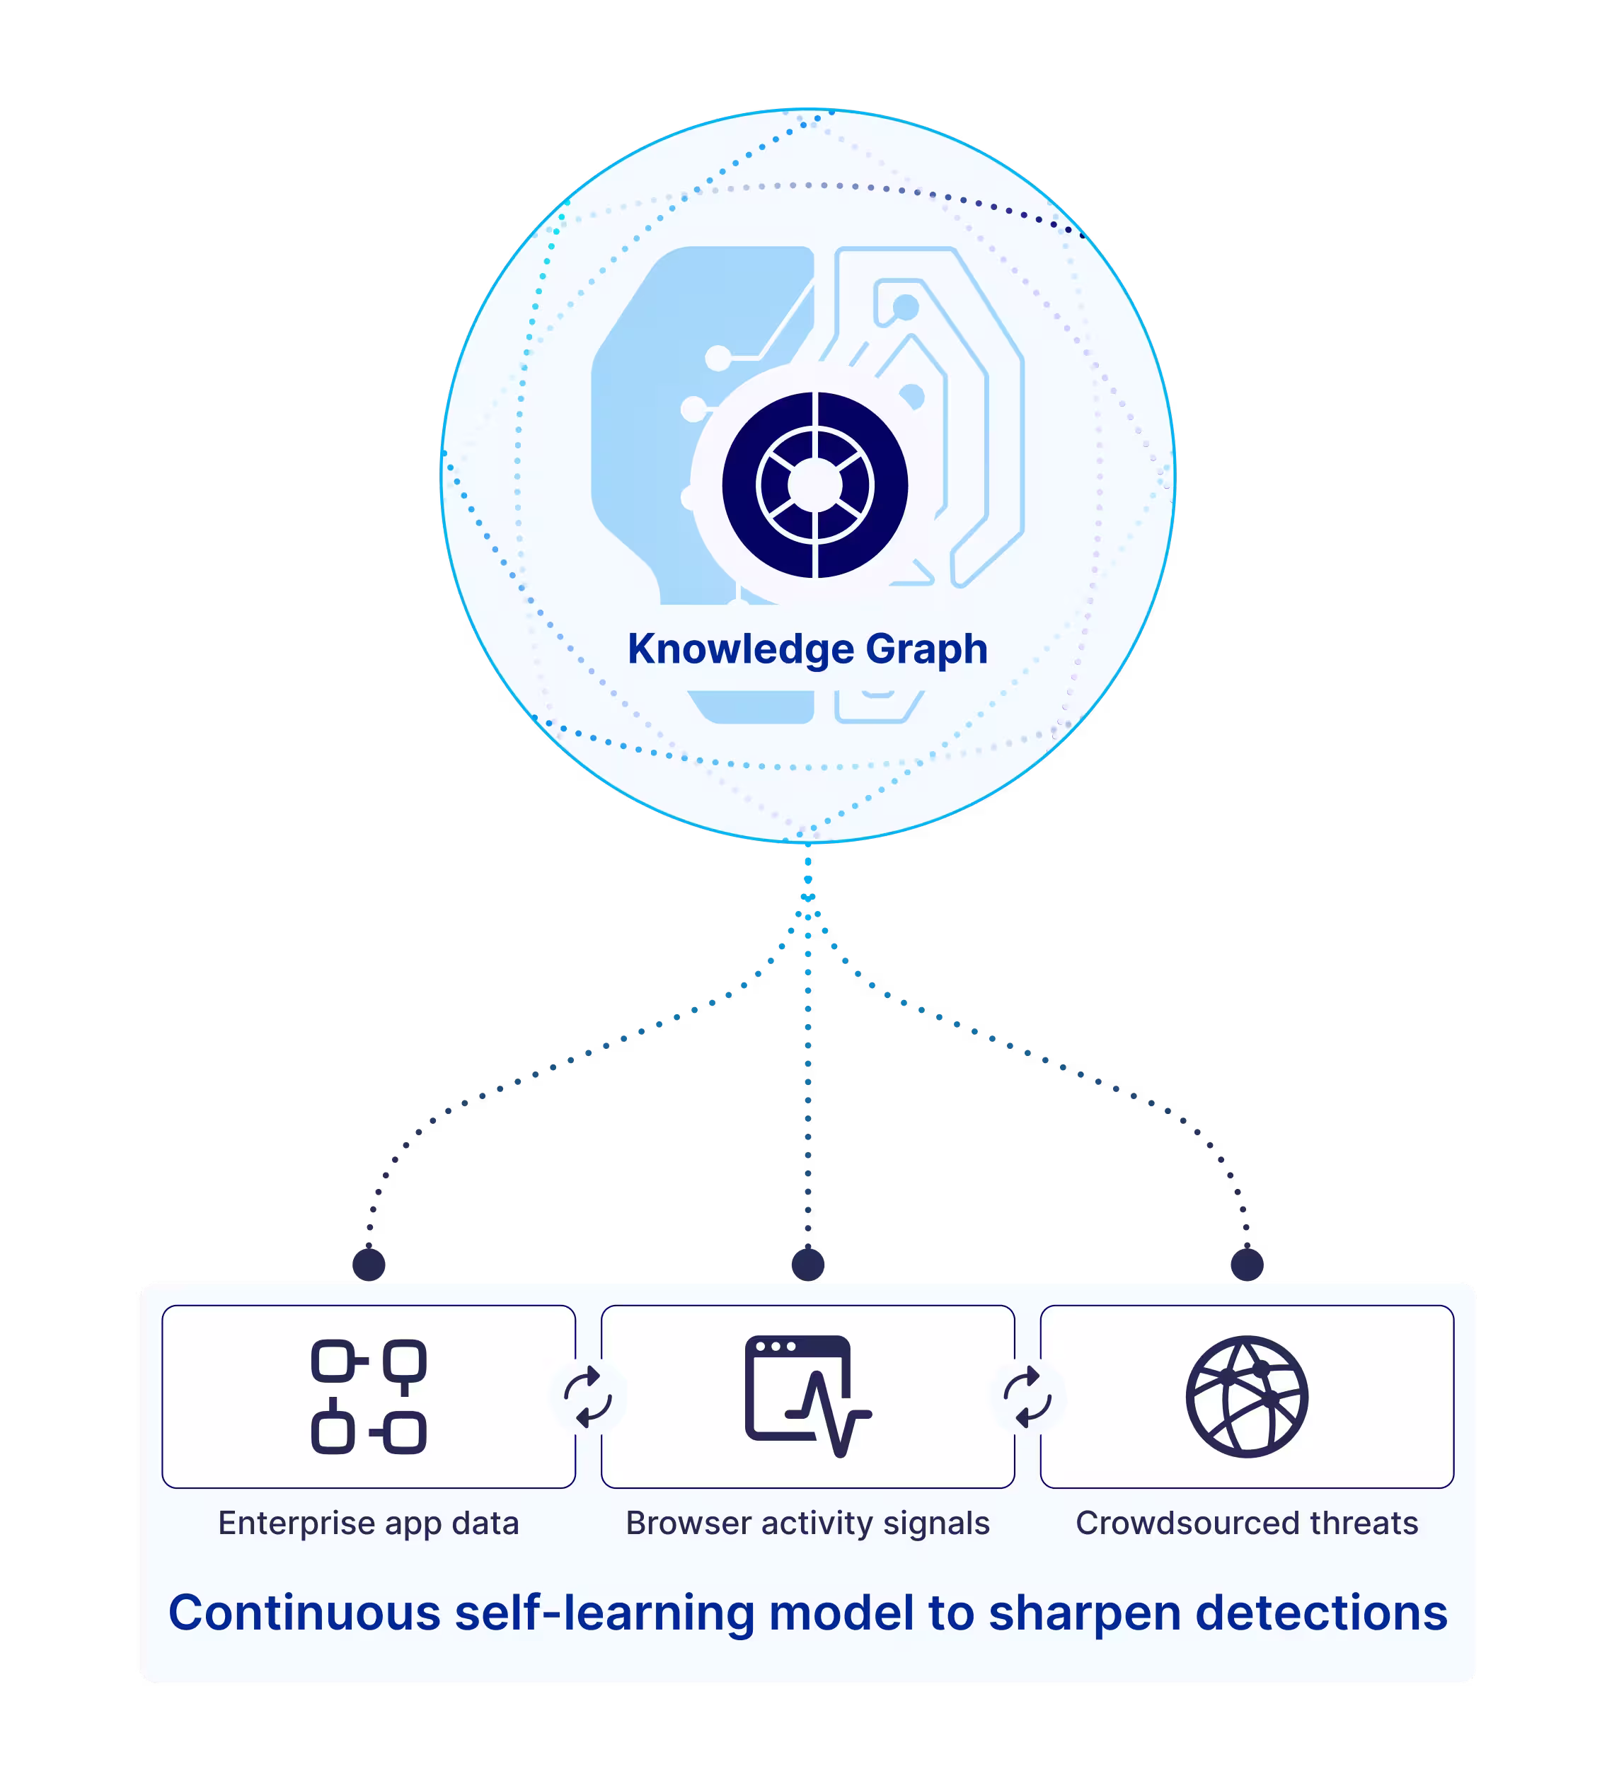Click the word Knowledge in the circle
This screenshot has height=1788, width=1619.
741,649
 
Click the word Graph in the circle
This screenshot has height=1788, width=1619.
926,649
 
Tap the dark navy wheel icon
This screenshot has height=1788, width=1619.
814,485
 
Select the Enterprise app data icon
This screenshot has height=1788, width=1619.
369,1397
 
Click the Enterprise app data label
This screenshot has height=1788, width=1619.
369,1523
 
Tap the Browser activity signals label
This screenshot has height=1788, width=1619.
807,1523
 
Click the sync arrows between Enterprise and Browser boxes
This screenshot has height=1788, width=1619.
588,1397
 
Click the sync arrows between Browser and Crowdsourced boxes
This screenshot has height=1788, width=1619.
1027,1397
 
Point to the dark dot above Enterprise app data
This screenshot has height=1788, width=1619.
369,1264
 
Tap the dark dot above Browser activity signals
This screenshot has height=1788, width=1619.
807,1264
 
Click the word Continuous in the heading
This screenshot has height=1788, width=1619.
304,1613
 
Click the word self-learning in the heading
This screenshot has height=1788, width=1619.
604,1613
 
